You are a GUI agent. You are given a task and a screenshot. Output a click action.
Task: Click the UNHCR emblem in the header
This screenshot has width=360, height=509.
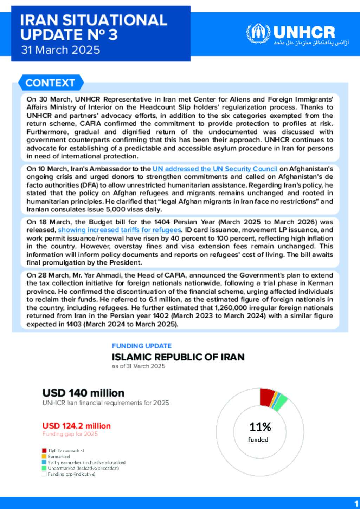(258, 33)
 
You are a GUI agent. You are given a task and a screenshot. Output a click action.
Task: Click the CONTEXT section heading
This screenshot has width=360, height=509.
(50, 83)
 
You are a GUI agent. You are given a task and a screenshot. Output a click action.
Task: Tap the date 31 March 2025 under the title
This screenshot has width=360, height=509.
(60, 50)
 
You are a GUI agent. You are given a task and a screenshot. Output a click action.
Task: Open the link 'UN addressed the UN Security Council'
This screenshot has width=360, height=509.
(215, 169)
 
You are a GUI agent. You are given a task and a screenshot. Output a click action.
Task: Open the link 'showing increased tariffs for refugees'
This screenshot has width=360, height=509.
(120, 230)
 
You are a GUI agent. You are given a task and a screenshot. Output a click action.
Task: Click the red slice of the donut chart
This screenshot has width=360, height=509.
(266, 397)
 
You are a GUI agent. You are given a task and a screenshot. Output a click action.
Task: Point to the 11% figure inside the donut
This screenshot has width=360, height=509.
(260, 427)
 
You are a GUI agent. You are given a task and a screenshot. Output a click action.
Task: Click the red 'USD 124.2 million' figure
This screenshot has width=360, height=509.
(76, 426)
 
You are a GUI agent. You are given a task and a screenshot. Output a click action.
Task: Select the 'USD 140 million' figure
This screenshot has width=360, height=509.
(83, 393)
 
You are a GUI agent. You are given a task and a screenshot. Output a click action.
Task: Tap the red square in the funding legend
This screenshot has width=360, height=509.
(44, 450)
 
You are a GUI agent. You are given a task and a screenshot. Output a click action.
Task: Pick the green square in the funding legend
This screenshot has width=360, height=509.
(44, 468)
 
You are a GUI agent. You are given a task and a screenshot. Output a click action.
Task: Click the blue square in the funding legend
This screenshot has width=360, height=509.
(44, 462)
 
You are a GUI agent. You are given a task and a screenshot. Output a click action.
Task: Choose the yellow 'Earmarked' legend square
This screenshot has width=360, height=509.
(44, 456)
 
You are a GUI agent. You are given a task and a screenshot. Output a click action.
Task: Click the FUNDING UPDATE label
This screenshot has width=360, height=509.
(142, 346)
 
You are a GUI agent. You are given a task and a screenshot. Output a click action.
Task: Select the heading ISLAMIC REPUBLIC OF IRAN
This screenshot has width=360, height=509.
(178, 357)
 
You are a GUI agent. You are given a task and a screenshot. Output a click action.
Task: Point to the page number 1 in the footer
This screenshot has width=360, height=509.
(356, 503)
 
